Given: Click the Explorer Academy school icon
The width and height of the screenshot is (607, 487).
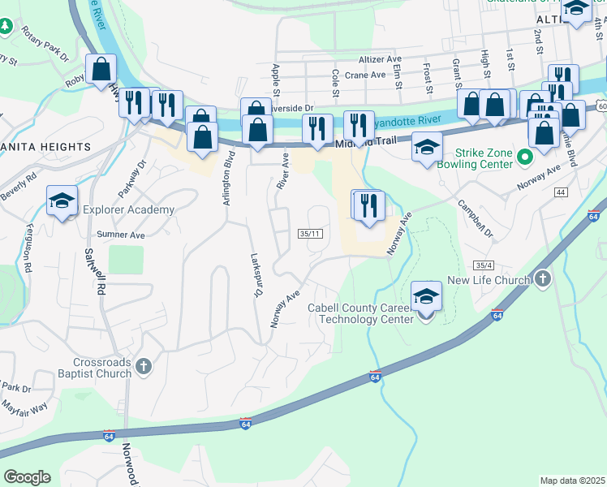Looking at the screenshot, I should pos(62,202).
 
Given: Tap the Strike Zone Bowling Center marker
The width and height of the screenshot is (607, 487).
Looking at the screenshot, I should pos(523,157).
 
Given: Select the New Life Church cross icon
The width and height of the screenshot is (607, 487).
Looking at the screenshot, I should pos(543,280).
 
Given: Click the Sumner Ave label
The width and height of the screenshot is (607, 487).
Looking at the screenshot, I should pos(120,235).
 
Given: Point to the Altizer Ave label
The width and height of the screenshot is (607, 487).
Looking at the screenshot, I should pos(381,59).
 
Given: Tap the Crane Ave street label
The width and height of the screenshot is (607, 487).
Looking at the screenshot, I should pos(365,75).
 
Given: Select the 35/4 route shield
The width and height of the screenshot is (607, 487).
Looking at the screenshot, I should pos(484,265).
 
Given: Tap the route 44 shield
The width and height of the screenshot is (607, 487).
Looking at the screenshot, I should pos(561,192).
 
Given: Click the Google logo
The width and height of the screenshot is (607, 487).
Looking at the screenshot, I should pos(27,477).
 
